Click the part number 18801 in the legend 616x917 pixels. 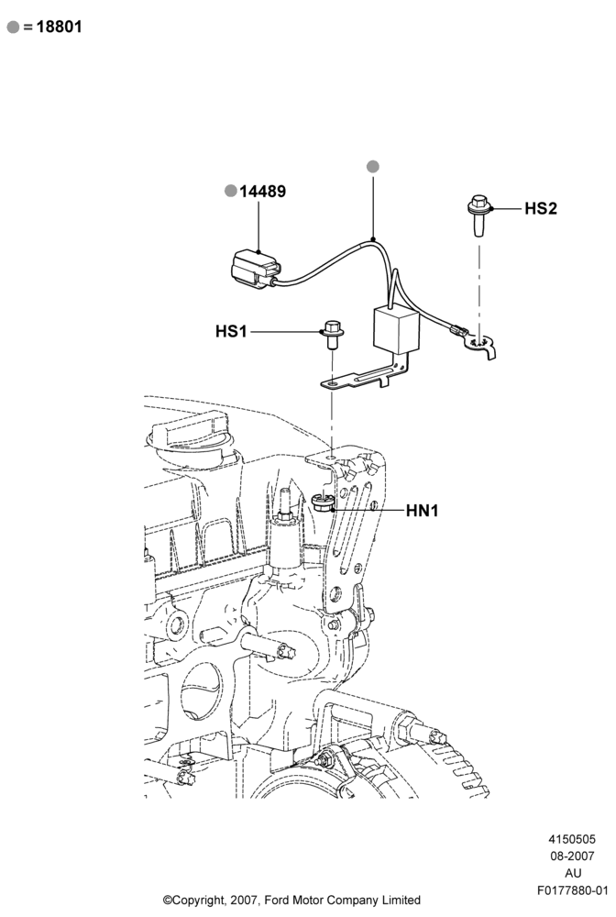[59, 27]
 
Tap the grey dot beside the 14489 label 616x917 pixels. [231, 191]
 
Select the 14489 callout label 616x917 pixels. [262, 192]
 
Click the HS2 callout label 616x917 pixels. [541, 208]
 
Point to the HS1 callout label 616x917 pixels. [231, 331]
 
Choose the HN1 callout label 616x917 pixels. [422, 511]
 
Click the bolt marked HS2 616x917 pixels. [479, 216]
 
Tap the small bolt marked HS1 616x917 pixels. [332, 335]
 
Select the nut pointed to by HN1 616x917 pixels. [323, 503]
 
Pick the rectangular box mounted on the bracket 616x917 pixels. [396, 330]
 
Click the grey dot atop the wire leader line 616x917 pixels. [373, 167]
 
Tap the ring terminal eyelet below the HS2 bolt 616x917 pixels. [480, 345]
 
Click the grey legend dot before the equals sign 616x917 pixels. [13, 27]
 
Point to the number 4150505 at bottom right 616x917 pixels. [572, 839]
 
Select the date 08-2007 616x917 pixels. [572, 856]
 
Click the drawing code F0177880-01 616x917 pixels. [573, 890]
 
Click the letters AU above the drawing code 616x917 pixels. [573, 873]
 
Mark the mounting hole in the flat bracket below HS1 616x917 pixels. [332, 383]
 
